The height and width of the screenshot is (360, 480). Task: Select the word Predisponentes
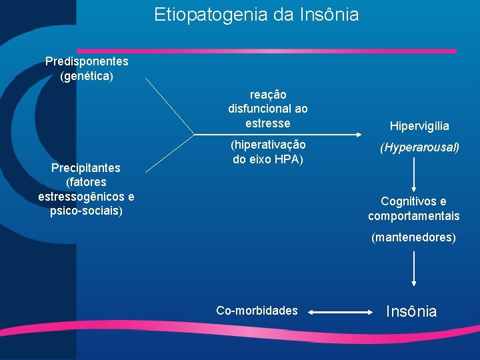(x=87, y=61)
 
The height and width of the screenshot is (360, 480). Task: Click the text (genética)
(x=87, y=76)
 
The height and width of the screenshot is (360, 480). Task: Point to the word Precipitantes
(x=86, y=167)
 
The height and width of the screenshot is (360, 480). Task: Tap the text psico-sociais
(x=86, y=211)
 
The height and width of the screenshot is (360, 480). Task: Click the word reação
(x=268, y=95)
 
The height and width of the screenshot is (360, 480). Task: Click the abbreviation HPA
(x=289, y=159)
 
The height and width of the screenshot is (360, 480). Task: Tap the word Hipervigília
(x=419, y=126)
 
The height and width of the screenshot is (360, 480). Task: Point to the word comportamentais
(x=414, y=216)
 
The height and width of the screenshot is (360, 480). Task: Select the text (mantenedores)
(x=414, y=237)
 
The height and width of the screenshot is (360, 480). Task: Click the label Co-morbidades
(x=257, y=311)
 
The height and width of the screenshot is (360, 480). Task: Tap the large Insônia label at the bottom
(x=412, y=311)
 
